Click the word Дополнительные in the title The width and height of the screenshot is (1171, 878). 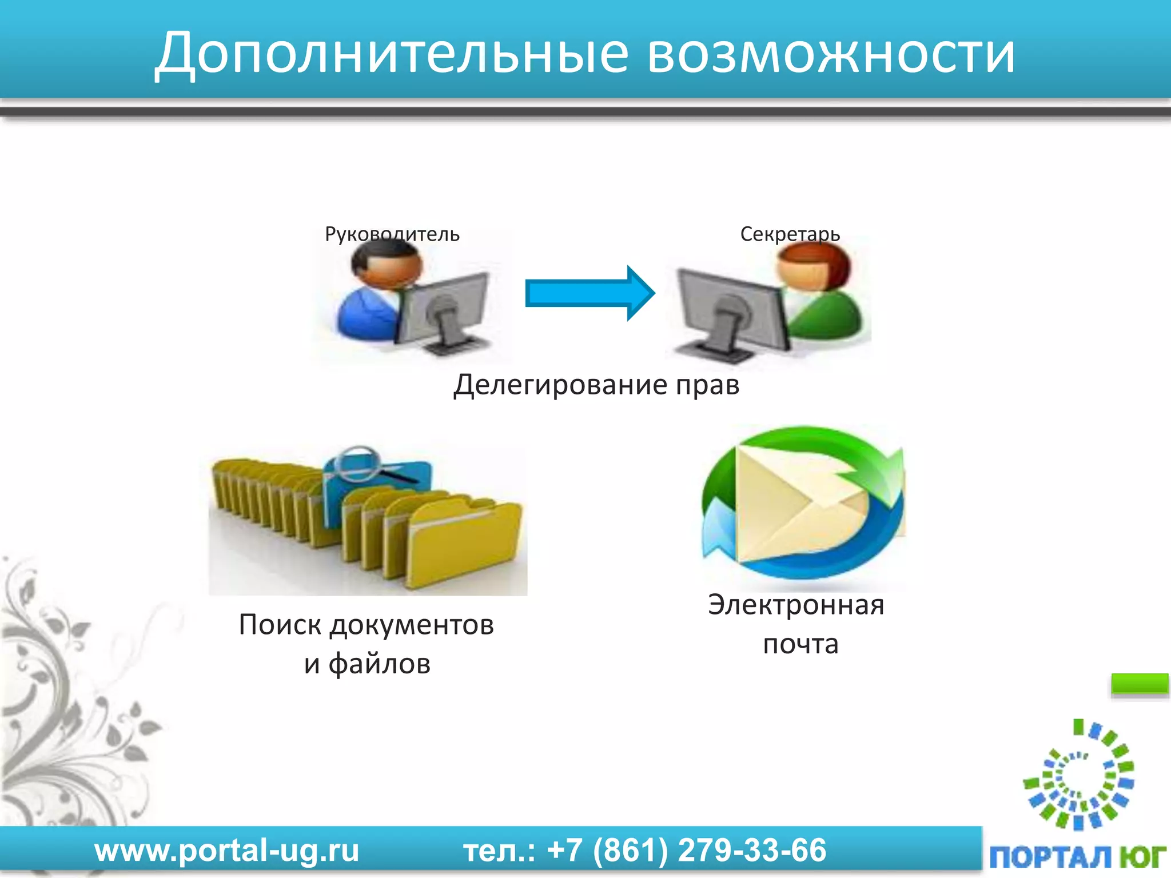tap(392, 54)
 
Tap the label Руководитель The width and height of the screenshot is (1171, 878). tap(392, 234)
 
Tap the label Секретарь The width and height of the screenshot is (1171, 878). tap(790, 234)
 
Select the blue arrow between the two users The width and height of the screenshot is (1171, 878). tap(589, 293)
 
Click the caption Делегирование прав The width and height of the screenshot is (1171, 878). tap(596, 385)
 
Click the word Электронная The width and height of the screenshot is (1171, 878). tap(796, 605)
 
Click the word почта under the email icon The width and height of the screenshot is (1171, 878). tap(800, 644)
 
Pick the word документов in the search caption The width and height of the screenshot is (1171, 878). tap(412, 625)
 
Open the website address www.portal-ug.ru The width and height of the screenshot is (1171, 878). tap(227, 850)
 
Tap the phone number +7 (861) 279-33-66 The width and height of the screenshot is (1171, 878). tap(686, 850)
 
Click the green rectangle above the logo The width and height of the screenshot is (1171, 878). tap(1139, 684)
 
